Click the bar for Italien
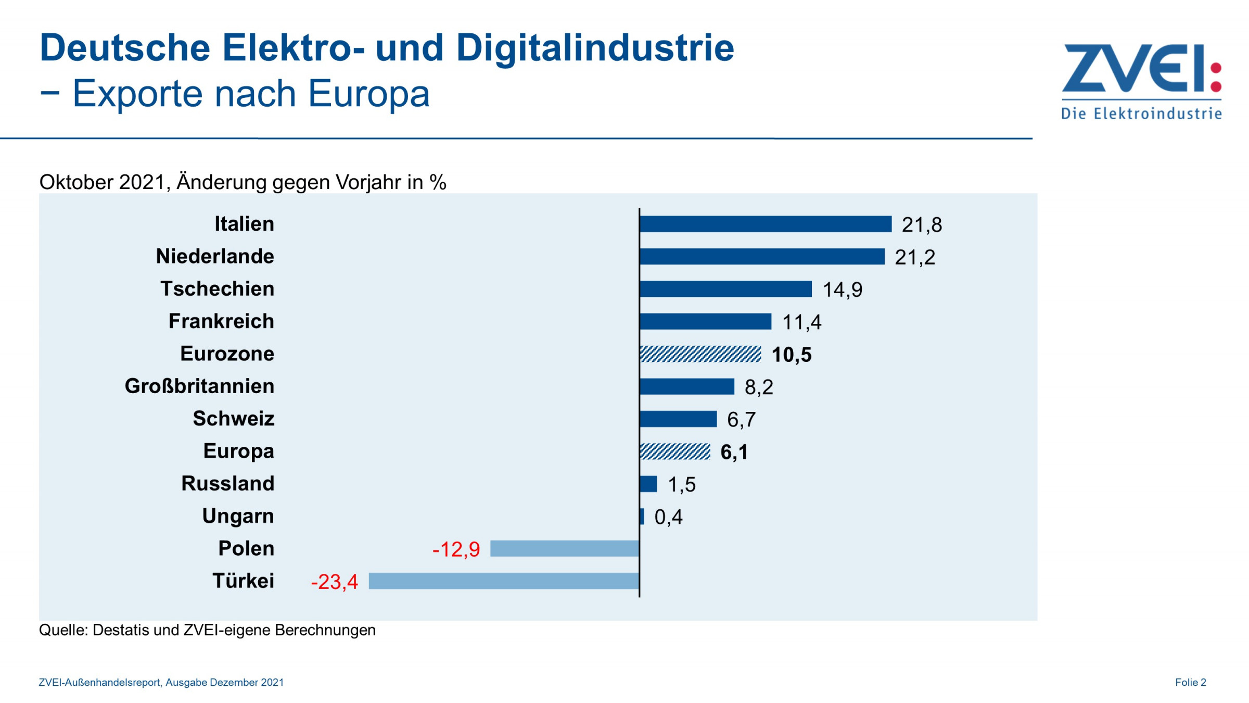tap(765, 224)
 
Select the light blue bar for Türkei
tap(504, 581)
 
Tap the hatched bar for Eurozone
tap(700, 354)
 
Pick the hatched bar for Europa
tap(674, 451)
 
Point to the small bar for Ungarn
tap(642, 516)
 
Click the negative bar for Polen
tap(565, 548)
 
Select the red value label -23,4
tap(334, 582)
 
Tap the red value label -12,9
tap(456, 549)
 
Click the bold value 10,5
tap(791, 355)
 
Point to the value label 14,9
tap(842, 290)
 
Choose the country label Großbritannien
tap(199, 386)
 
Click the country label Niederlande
tap(215, 256)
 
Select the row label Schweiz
tap(233, 419)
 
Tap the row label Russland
tap(227, 483)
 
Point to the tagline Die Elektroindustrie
tap(1141, 114)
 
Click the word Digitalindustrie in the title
tap(595, 48)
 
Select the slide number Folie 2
tap(1190, 682)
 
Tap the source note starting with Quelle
tap(207, 630)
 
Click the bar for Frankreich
tap(705, 321)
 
